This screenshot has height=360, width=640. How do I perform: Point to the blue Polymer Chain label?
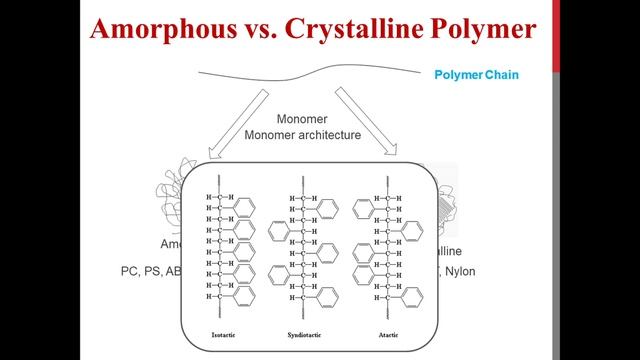coord(476,75)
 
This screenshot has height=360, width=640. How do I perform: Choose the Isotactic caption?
coord(224,333)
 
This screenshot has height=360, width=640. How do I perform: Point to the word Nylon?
coord(459,271)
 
